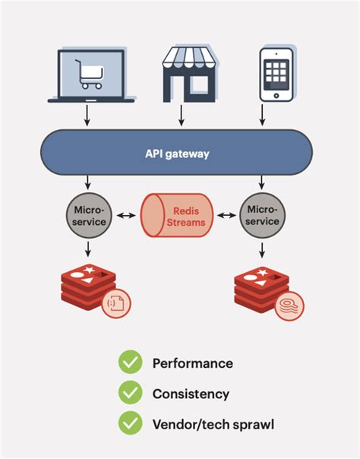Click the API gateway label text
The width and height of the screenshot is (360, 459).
pos(178,153)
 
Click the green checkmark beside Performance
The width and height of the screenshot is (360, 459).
pos(130,363)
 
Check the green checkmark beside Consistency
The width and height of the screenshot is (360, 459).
pos(130,394)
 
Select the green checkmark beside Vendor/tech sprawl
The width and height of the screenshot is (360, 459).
pos(130,423)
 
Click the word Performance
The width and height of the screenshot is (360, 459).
pos(193,363)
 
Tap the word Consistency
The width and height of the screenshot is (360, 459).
pos(191,394)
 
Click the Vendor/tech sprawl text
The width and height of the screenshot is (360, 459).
pos(213,423)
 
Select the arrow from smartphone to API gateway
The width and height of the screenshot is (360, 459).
pos(262,116)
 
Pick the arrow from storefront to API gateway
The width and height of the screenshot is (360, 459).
pos(181,116)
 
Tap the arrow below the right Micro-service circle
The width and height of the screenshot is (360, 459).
pos(262,249)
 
